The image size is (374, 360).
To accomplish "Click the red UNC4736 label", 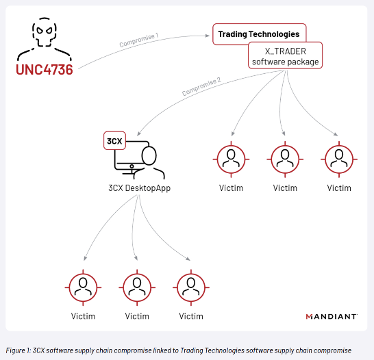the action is click(x=45, y=70).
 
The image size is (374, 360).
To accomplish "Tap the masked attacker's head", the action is click(x=45, y=32).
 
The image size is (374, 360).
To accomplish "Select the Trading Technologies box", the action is click(x=260, y=34).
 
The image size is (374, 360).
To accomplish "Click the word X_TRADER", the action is click(x=285, y=51).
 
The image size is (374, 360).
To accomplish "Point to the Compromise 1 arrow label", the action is click(x=139, y=40).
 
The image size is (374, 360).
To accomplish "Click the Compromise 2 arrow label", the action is click(x=201, y=86).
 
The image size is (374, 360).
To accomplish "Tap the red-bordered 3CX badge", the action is click(x=114, y=141).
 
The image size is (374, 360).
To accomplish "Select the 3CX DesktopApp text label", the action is click(x=140, y=188).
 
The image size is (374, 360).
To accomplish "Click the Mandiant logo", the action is click(x=332, y=316).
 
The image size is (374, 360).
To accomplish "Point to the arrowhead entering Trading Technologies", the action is click(x=208, y=36).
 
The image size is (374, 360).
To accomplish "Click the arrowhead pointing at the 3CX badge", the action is click(x=139, y=133).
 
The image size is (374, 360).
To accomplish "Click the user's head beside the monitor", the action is click(x=149, y=155).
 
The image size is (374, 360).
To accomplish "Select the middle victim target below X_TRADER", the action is click(x=285, y=159).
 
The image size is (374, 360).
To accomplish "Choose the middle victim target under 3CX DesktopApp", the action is click(x=137, y=287).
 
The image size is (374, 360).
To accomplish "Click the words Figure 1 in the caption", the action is click(x=18, y=350).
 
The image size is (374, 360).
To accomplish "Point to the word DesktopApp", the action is click(x=148, y=188).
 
